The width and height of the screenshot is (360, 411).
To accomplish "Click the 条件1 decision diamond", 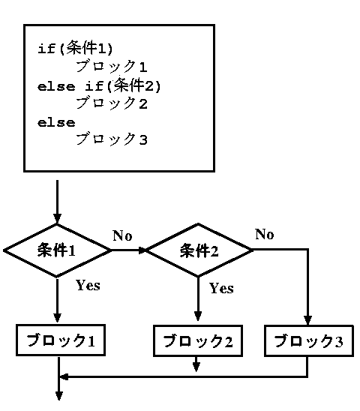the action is [57, 250].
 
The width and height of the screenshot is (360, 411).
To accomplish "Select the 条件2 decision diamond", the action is [198, 250].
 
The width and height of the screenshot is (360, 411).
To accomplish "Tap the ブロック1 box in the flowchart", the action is [61, 340].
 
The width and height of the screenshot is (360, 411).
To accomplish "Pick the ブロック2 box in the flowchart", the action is [198, 341].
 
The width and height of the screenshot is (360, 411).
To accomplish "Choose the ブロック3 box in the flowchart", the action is [309, 341].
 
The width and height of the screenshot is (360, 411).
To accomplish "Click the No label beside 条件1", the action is [122, 235].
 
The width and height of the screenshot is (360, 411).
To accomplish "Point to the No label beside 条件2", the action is [265, 234].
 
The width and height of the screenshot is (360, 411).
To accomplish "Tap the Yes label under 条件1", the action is [88, 285].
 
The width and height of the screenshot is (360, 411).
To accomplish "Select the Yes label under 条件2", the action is [221, 288].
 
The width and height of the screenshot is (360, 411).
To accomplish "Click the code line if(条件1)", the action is [75, 48].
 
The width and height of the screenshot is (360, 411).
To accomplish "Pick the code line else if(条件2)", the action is [99, 85].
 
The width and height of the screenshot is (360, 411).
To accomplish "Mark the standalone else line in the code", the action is [56, 123].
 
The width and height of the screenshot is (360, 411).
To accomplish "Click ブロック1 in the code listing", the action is [112, 66].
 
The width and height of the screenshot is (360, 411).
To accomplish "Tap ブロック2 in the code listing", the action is [112, 103].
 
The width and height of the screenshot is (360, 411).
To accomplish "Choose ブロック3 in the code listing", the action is [112, 139].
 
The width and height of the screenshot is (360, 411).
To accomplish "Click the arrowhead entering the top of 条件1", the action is [57, 218].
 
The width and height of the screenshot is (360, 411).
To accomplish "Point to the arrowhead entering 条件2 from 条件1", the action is [142, 250].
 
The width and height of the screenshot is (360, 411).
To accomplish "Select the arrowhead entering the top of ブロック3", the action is [307, 320].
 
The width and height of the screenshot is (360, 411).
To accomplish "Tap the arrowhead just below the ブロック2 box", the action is [196, 367].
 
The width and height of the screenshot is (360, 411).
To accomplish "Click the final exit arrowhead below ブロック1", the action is [59, 395].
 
